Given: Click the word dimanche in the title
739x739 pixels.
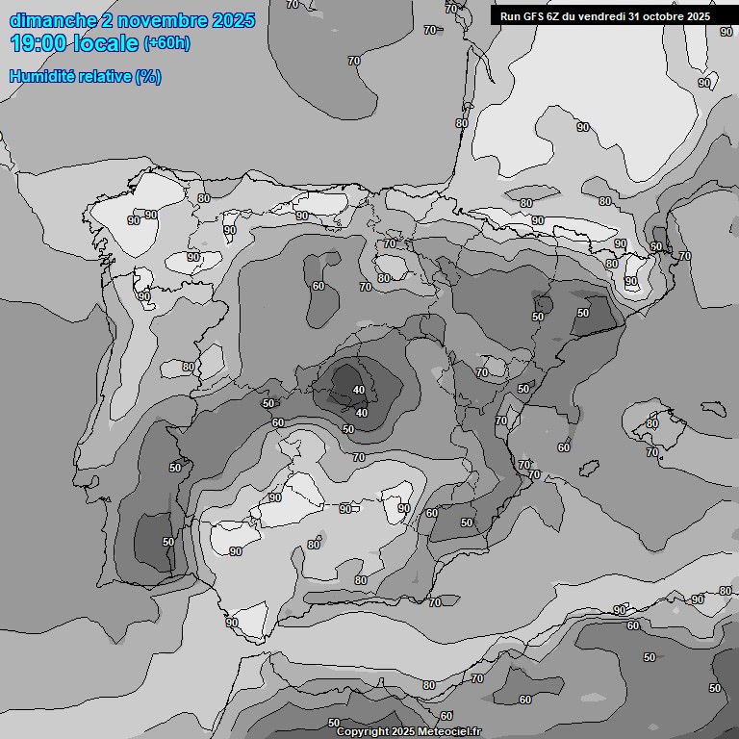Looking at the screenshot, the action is click(53, 20).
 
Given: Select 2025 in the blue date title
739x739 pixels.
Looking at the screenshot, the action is click(232, 20).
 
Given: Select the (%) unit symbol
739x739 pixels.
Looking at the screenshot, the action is click(148, 76).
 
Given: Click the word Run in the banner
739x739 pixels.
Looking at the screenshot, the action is click(511, 16).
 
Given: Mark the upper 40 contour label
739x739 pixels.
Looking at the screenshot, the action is click(359, 390).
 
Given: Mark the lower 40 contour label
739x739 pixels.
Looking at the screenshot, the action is click(362, 413).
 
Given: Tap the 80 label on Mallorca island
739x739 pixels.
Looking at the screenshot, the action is click(652, 423).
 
